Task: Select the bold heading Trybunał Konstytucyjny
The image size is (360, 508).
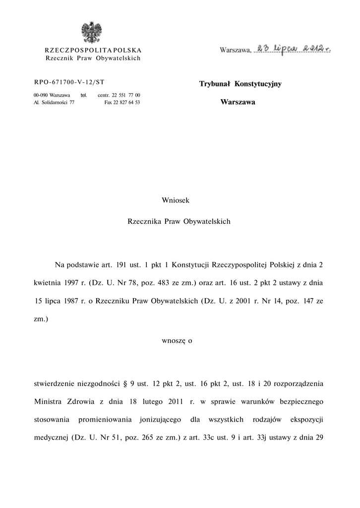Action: pyautogui.click(x=240, y=84)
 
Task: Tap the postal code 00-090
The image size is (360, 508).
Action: pyautogui.click(x=41, y=95)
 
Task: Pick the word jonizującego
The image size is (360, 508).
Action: pyautogui.click(x=161, y=420)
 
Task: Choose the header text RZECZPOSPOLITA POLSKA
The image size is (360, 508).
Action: pyautogui.click(x=93, y=51)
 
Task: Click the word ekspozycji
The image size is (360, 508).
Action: pyautogui.click(x=306, y=420)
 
